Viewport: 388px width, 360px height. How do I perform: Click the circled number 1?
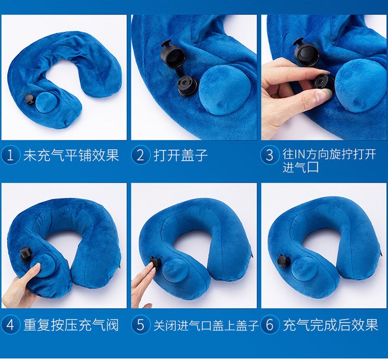click(x=10, y=155)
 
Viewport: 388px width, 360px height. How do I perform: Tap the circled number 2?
click(x=140, y=155)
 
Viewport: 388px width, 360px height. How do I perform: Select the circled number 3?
click(x=270, y=155)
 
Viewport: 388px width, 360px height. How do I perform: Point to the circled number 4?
click(x=10, y=325)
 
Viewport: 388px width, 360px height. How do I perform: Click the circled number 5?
click(x=140, y=325)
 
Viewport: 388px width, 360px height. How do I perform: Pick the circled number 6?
click(x=270, y=325)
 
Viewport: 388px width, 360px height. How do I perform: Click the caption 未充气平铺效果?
click(x=71, y=155)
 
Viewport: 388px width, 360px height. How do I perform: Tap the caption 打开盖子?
click(x=181, y=155)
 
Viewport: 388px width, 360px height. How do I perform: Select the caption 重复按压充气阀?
click(x=71, y=325)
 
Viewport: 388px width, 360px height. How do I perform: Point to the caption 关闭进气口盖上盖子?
click(x=206, y=325)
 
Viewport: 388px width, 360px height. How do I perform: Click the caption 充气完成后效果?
click(x=331, y=325)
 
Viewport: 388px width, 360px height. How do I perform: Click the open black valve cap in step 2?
click(x=171, y=54)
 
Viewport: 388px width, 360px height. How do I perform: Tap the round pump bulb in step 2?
click(x=225, y=92)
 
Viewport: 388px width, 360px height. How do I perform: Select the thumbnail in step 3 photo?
click(x=322, y=93)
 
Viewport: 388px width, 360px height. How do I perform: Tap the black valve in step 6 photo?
click(x=282, y=260)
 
